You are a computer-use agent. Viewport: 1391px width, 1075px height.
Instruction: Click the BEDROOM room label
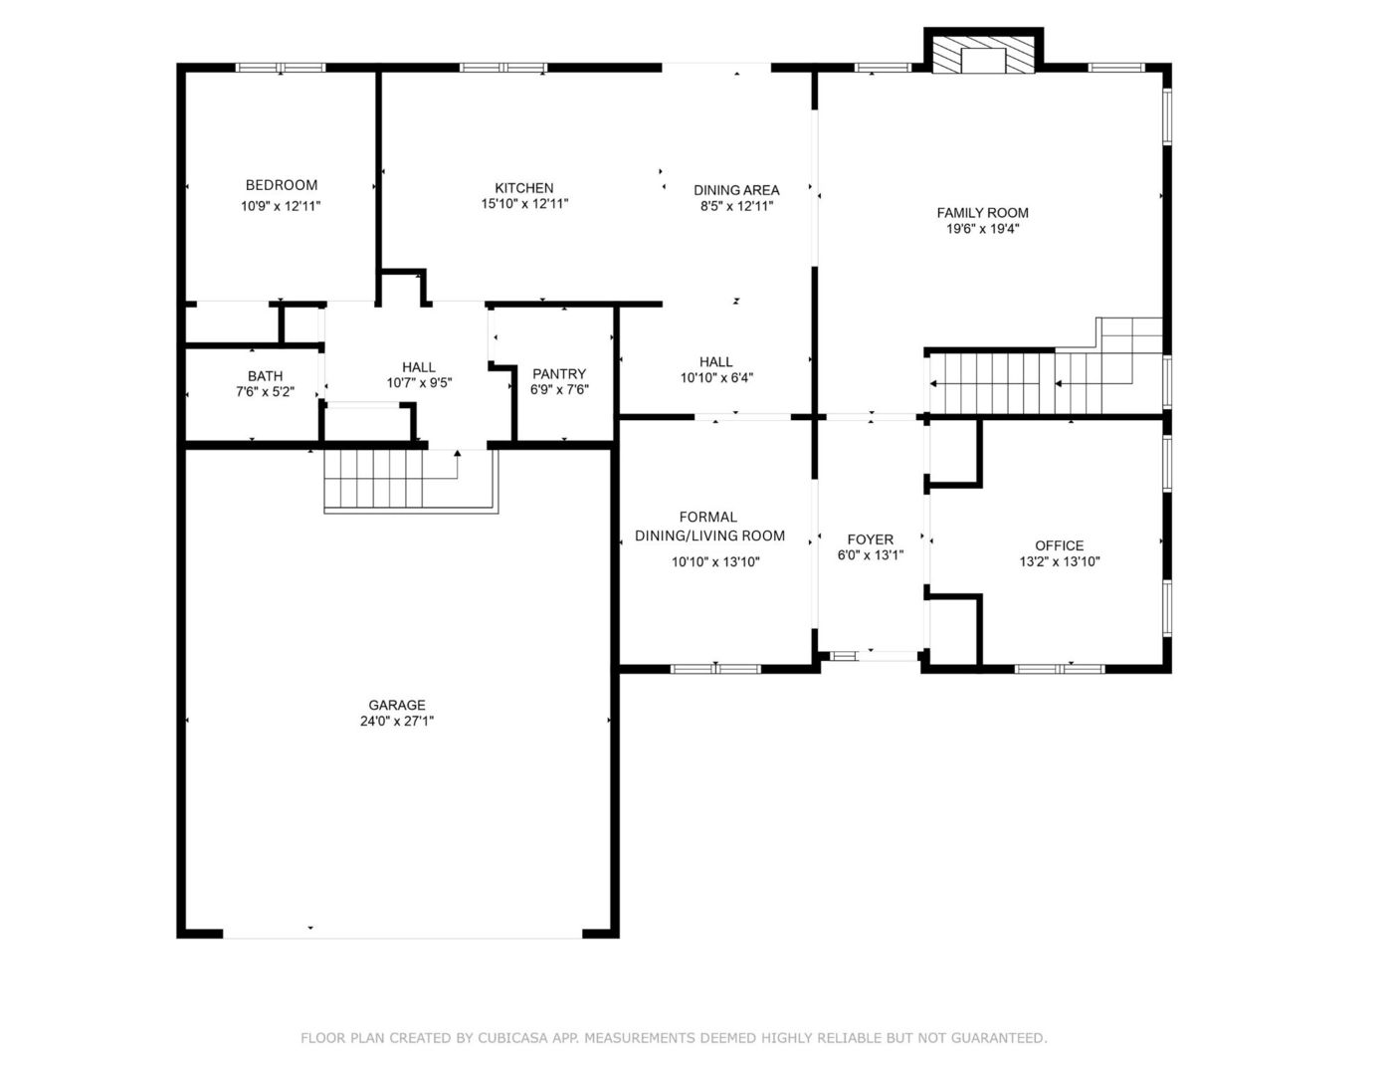click(281, 185)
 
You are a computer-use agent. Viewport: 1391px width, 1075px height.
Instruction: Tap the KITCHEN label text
click(523, 188)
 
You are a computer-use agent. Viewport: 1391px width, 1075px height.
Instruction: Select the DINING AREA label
click(736, 190)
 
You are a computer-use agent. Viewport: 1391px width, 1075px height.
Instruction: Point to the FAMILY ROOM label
click(983, 213)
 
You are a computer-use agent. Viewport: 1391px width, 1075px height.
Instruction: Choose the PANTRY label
click(559, 374)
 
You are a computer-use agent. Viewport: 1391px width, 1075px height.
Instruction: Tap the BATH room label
click(265, 376)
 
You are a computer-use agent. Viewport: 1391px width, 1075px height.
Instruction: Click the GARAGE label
click(397, 705)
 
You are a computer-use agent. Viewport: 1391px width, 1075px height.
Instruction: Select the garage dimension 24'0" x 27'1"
click(397, 722)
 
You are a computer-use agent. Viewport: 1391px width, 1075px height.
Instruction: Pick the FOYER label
click(870, 539)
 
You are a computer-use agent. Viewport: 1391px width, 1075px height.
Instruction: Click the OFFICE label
click(1060, 545)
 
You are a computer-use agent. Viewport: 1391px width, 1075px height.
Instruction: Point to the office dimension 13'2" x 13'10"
click(1060, 562)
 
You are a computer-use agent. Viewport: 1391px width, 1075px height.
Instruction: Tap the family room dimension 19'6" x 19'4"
click(983, 229)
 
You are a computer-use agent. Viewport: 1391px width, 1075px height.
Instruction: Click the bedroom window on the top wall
click(281, 68)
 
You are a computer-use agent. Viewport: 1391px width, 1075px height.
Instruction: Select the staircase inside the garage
click(411, 481)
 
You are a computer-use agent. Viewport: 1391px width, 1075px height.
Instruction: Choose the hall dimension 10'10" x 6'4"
click(716, 378)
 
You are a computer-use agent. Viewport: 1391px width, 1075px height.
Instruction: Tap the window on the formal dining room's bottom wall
click(715, 669)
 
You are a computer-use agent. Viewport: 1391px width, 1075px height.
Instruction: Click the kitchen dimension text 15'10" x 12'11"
click(524, 204)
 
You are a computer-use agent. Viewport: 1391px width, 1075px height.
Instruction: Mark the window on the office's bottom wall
click(1060, 669)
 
